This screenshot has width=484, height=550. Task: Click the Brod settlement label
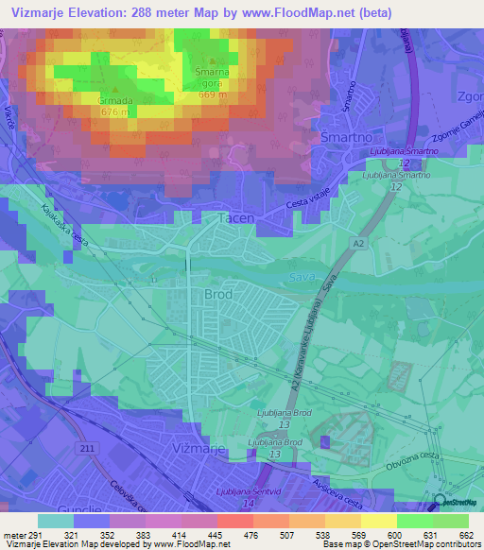tap(218, 295)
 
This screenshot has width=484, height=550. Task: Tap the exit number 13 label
tap(273, 455)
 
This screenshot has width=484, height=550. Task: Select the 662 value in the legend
tap(465, 535)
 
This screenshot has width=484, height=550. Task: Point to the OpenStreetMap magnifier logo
tap(440, 503)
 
